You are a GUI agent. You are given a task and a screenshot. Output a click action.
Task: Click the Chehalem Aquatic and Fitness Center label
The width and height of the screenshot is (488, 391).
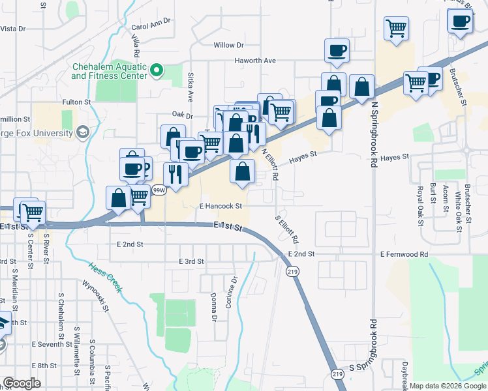(109, 71)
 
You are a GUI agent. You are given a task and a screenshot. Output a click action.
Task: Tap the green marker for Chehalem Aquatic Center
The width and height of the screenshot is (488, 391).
(157, 70)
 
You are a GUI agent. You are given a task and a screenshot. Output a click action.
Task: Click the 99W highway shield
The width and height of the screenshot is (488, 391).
(159, 190)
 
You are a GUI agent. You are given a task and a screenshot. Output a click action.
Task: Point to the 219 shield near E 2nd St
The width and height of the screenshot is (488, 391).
(292, 271)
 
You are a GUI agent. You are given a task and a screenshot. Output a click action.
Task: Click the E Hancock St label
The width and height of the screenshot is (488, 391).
(221, 206)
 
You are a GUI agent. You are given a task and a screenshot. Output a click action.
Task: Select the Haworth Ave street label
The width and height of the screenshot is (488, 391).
(256, 61)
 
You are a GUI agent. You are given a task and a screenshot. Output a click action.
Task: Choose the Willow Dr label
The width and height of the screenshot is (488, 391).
(228, 45)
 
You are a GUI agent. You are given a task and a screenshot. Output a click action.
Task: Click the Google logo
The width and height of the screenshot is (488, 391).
(22, 383)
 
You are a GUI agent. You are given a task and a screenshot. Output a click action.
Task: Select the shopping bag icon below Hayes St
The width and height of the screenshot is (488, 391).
(242, 172)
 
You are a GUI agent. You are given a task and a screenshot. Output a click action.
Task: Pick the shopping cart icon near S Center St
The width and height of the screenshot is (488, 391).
(33, 212)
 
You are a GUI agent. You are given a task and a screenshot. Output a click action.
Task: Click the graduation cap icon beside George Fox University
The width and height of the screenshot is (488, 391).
(82, 133)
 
